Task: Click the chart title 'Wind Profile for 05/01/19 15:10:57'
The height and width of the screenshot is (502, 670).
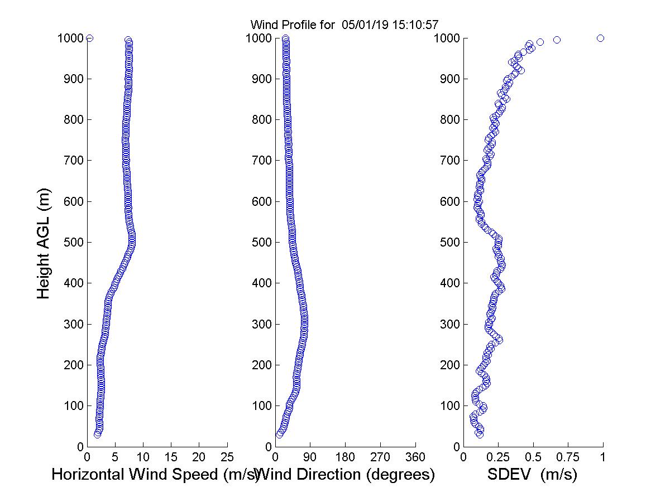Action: [344, 25]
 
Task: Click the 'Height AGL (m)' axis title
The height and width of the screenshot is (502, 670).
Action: [44, 242]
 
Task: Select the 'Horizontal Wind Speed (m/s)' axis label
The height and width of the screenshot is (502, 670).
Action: [155, 475]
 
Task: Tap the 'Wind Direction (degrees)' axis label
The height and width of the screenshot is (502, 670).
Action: [346, 475]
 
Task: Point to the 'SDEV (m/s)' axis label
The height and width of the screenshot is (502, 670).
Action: [532, 475]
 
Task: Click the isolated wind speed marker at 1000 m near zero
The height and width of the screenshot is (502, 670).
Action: [89, 38]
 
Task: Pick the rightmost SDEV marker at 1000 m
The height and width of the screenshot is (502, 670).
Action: [600, 38]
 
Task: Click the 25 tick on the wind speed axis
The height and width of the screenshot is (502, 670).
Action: [227, 457]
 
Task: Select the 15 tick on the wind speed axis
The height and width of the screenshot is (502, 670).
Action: [171, 457]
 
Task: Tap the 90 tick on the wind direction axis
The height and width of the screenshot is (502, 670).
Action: [310, 457]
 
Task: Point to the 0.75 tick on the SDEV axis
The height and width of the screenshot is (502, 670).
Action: [568, 457]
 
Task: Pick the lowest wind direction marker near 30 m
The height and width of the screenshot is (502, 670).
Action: [279, 434]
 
